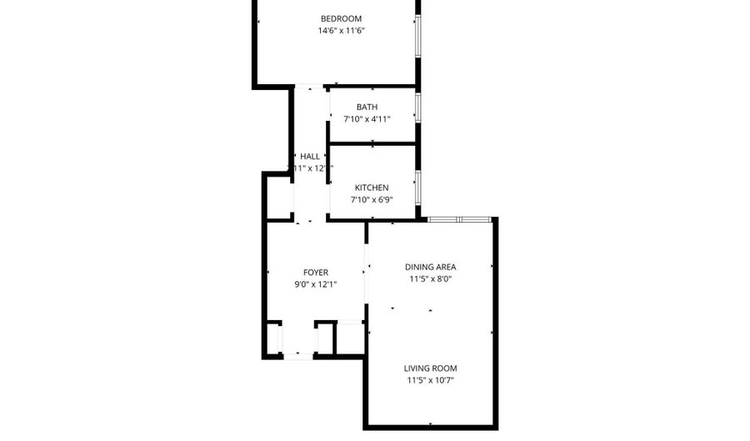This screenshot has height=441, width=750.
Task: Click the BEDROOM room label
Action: pos(342,18)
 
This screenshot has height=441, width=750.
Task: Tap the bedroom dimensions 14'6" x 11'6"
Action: pos(342,31)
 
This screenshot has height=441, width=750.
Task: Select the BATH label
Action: pos(367,107)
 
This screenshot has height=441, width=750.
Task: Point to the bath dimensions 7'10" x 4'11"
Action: pos(367,119)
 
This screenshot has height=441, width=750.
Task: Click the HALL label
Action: pos(310,156)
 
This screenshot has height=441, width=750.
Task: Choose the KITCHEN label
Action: pos(372,187)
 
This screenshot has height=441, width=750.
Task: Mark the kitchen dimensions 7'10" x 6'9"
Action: pos(372,199)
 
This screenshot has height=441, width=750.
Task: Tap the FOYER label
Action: pos(315,272)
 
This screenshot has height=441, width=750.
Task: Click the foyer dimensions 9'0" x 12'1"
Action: pos(315,284)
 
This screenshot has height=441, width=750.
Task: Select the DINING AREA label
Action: pos(430,267)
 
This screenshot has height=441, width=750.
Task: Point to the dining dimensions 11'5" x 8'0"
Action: pos(430,279)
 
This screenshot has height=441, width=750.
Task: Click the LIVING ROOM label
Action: pos(430,368)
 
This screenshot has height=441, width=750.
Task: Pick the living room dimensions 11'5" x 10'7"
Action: pos(430,380)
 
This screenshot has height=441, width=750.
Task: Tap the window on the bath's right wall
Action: pos(417,106)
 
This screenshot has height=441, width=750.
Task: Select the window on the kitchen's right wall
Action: pos(417,188)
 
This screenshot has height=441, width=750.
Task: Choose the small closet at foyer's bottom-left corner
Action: pos(272,339)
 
